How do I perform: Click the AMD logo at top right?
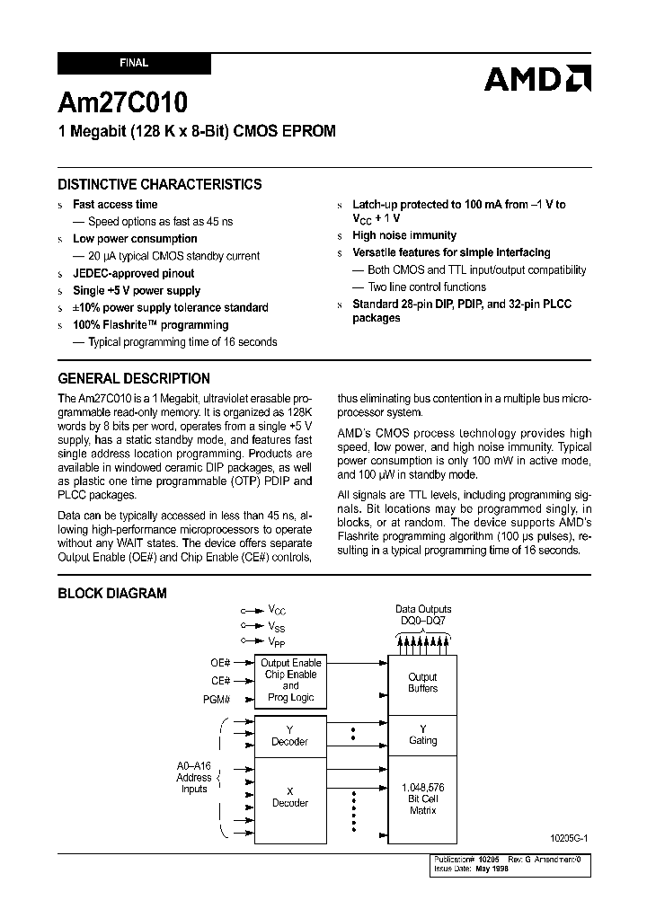pyautogui.click(x=536, y=79)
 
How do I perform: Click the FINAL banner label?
pyautogui.click(x=134, y=64)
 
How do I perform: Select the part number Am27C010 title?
pyautogui.click(x=123, y=102)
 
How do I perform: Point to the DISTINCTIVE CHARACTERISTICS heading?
pyautogui.click(x=160, y=184)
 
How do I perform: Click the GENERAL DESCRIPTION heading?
pyautogui.click(x=134, y=378)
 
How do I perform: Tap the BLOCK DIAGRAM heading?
pyautogui.click(x=112, y=593)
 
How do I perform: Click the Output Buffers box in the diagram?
pyautogui.click(x=422, y=683)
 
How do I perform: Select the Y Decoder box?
pyautogui.click(x=289, y=736)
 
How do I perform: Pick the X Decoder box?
pyautogui.click(x=289, y=798)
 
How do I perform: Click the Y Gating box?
pyautogui.click(x=422, y=735)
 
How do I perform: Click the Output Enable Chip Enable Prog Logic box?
pyautogui.click(x=289, y=681)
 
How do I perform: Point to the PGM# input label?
pyautogui.click(x=217, y=698)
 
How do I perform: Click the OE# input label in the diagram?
pyautogui.click(x=220, y=663)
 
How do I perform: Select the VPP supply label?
pyautogui.click(x=277, y=641)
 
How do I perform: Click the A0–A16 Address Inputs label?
pyautogui.click(x=194, y=778)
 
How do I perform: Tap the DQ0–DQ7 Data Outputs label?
pyautogui.click(x=423, y=615)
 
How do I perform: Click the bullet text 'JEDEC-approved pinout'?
pyautogui.click(x=133, y=273)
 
